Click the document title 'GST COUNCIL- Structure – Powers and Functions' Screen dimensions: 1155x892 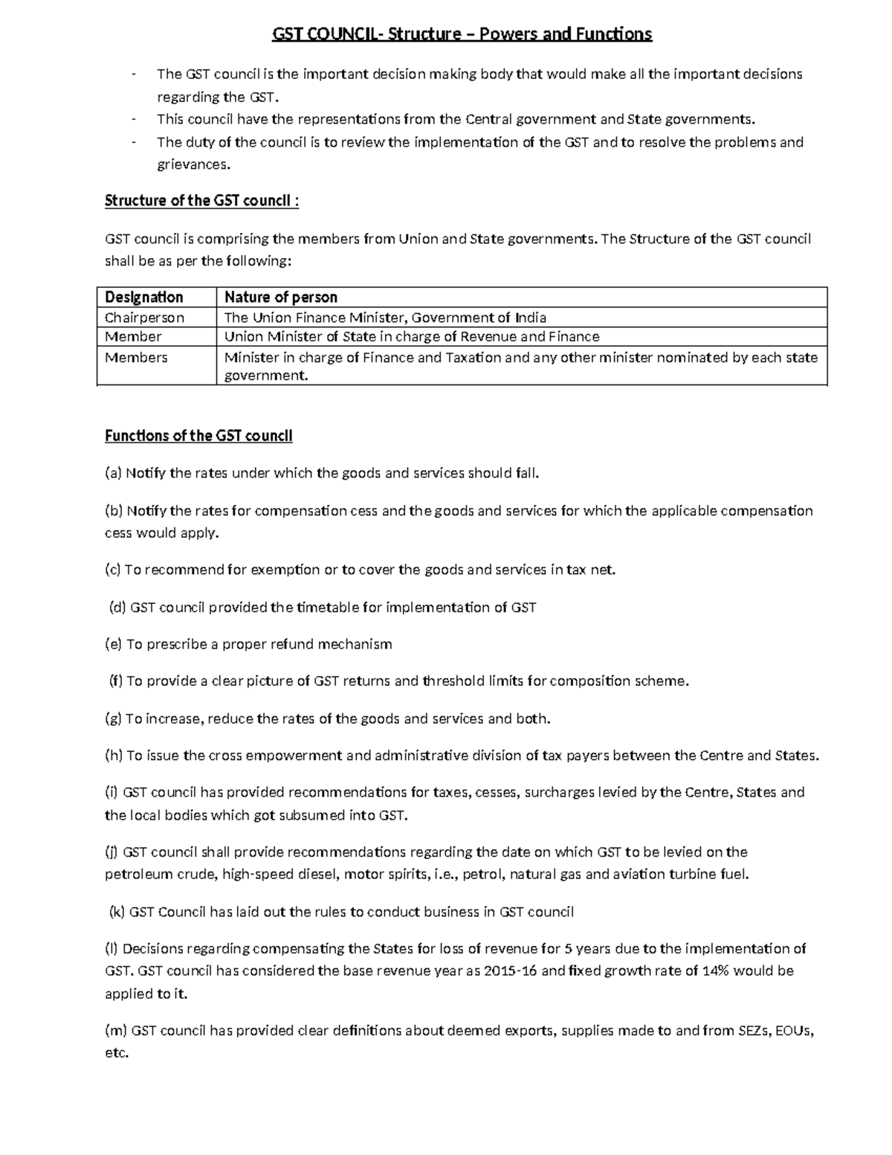click(x=462, y=34)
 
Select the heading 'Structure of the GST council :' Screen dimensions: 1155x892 click(x=201, y=201)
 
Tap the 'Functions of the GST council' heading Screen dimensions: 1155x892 click(x=198, y=436)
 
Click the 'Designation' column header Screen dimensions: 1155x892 click(x=143, y=297)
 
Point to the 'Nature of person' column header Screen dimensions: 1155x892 click(x=281, y=297)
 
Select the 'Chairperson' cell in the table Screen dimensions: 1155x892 click(x=144, y=318)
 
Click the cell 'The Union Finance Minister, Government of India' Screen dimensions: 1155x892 click(x=385, y=318)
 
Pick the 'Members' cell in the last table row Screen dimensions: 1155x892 click(x=136, y=358)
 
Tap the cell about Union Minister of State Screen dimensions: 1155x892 click(x=412, y=337)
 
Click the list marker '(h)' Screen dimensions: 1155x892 click(x=114, y=756)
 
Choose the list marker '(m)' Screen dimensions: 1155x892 click(x=116, y=1031)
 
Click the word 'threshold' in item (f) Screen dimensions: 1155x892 click(x=453, y=681)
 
